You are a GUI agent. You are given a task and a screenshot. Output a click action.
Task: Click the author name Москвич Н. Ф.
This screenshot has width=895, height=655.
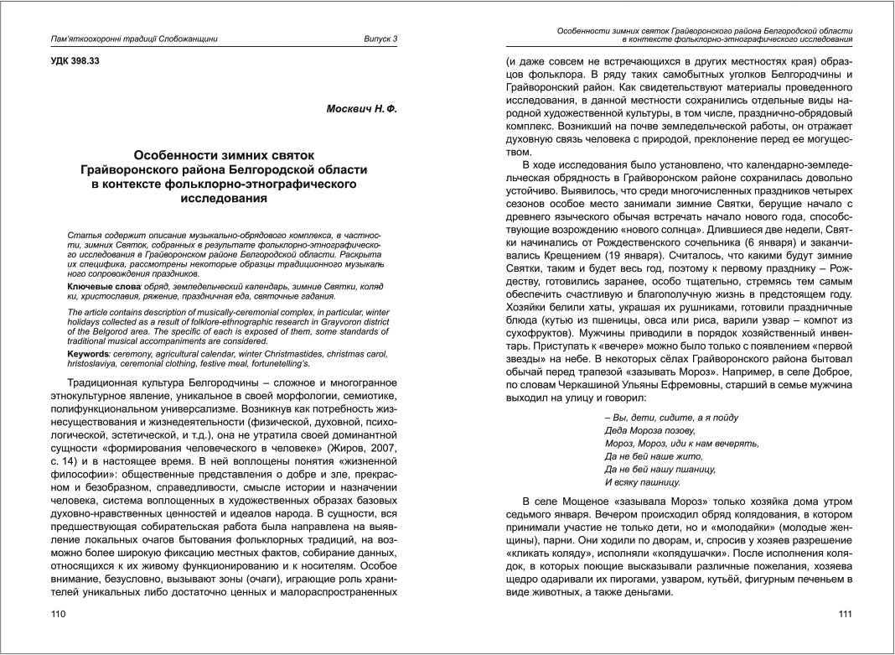[x=361, y=111]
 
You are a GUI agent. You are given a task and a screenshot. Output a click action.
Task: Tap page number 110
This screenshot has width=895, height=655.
[x=59, y=615]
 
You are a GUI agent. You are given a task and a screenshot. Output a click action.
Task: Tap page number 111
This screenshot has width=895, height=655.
[x=845, y=615]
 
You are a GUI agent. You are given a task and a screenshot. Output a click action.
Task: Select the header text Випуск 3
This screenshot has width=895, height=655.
[x=380, y=39]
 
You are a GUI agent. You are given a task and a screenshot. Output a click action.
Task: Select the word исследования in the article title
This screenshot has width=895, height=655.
[x=224, y=199]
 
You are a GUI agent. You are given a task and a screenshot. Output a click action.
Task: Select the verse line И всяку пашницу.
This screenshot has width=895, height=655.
[x=642, y=482]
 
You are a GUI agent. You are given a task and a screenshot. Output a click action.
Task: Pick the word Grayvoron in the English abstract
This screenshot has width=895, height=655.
[x=326, y=320]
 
